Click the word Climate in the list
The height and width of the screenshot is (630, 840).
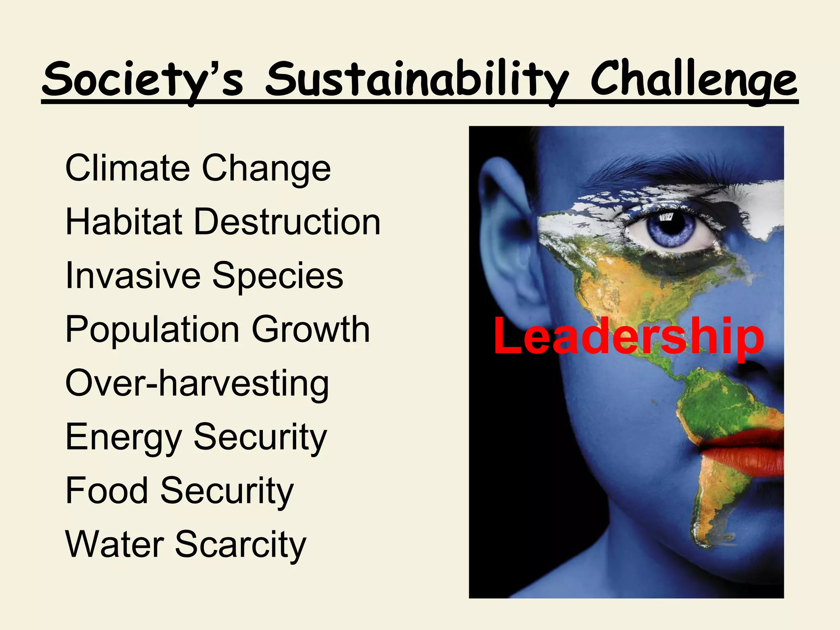click(x=127, y=168)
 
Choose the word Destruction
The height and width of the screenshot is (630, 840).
click(x=287, y=222)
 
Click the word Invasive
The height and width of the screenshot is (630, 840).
click(x=133, y=276)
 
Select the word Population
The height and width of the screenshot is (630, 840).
click(x=152, y=330)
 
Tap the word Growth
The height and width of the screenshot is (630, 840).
click(x=310, y=330)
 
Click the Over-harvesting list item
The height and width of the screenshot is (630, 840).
click(x=197, y=383)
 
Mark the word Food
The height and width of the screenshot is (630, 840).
click(x=107, y=491)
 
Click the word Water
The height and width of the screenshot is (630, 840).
click(x=114, y=545)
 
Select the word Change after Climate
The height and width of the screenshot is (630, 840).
click(x=266, y=168)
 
